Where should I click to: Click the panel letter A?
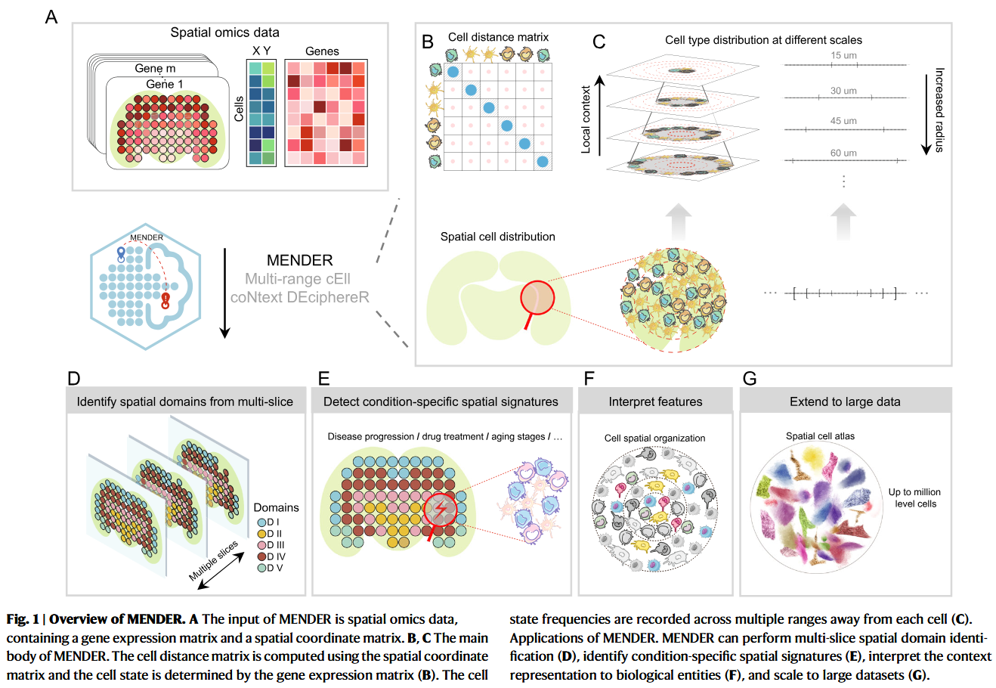(x=51, y=17)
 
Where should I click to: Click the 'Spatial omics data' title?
(x=224, y=33)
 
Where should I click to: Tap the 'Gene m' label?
(x=155, y=68)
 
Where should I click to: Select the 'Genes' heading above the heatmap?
(x=322, y=51)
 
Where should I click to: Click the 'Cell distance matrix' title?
(x=498, y=37)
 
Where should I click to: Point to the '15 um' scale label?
(x=843, y=56)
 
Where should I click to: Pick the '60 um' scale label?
(x=843, y=153)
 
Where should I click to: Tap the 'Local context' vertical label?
(x=586, y=119)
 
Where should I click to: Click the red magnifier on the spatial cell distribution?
(x=537, y=299)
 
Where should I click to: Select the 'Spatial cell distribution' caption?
(x=497, y=237)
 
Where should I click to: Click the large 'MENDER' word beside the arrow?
(x=299, y=260)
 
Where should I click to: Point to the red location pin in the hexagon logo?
(x=165, y=301)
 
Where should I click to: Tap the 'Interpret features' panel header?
(x=655, y=401)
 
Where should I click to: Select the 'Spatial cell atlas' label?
(x=820, y=436)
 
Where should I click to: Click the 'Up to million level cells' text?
(x=914, y=497)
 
